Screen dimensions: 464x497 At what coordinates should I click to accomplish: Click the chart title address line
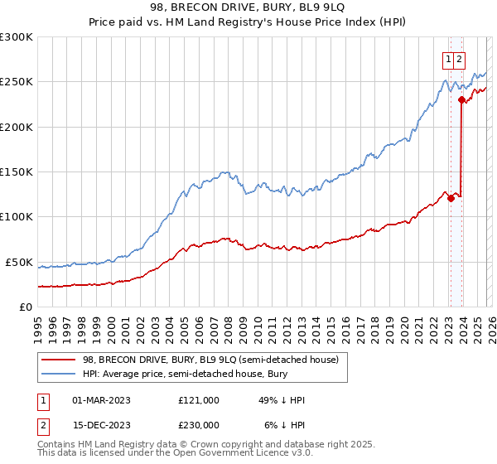248,7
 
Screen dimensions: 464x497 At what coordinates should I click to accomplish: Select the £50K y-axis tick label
19,262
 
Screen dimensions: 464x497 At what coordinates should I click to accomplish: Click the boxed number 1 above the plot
448,59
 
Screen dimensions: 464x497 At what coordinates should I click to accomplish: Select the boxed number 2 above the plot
459,59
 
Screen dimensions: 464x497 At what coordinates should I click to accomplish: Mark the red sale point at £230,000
461,99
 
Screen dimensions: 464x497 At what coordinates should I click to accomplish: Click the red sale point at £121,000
451,198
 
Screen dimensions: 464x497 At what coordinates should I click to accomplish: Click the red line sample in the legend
60,360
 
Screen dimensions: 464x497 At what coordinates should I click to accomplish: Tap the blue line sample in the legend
60,375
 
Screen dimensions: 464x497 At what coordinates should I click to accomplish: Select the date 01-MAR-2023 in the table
101,400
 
